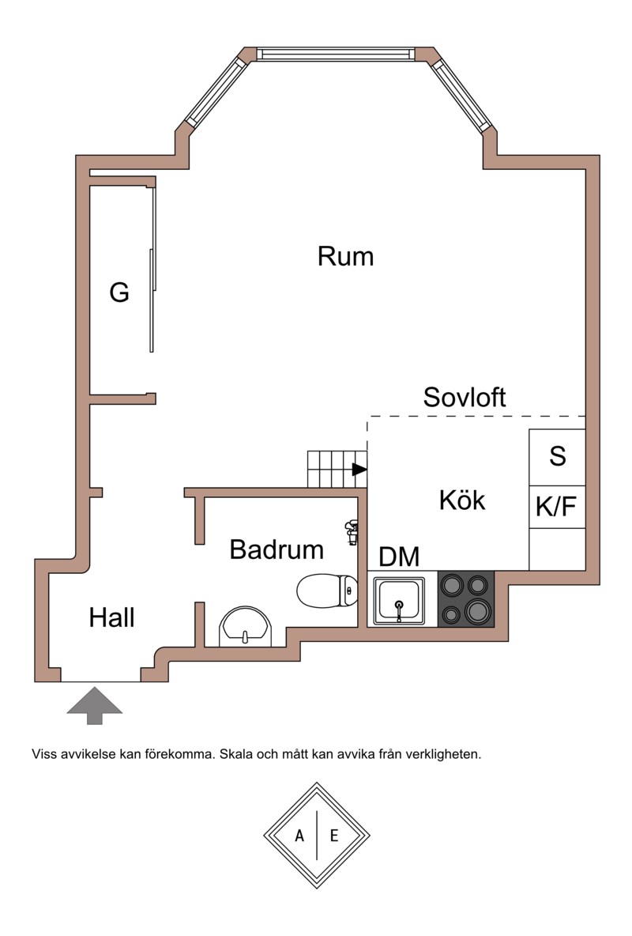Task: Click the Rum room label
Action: [x=345, y=256]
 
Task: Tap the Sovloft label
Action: [x=465, y=397]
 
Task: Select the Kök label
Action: [x=462, y=500]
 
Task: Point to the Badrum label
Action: [x=276, y=549]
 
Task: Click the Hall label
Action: [x=111, y=617]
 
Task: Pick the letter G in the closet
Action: [x=119, y=293]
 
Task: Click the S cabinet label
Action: [x=558, y=456]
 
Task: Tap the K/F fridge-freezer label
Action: [x=557, y=508]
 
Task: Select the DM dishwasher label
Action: [x=399, y=557]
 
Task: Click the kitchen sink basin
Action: [x=400, y=600]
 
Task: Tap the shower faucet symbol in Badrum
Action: [x=352, y=531]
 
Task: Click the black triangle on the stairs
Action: [x=359, y=470]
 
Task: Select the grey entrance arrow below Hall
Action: [x=94, y=705]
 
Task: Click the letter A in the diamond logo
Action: [x=300, y=836]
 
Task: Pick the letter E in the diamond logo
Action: [x=333, y=836]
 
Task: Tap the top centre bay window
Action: [x=335, y=54]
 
